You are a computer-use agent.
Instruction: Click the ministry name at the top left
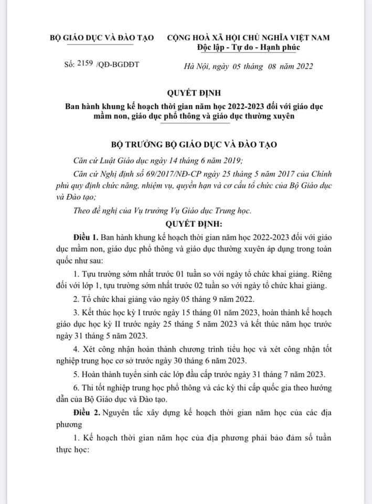(100, 38)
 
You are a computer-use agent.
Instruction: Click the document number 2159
(83, 65)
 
